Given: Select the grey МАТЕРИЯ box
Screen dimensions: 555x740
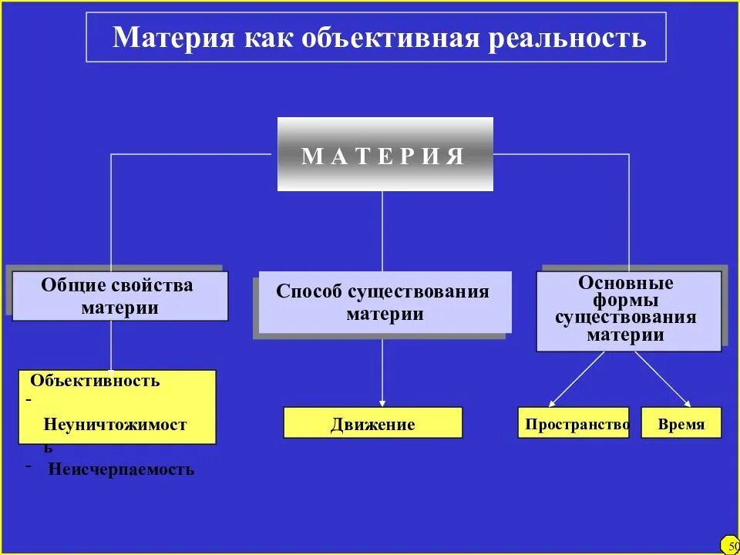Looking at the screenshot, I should pyautogui.click(x=385, y=154).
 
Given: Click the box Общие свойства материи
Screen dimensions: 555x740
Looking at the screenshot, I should pyautogui.click(x=120, y=297).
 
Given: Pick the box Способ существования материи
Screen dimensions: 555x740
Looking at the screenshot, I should pyautogui.click(x=384, y=302).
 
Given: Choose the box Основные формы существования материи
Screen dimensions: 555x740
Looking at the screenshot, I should pyautogui.click(x=629, y=311).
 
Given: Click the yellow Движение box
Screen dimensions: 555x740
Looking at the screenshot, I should pyautogui.click(x=373, y=423).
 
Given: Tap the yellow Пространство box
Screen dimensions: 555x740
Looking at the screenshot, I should pyautogui.click(x=573, y=423).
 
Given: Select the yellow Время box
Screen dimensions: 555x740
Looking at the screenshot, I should pyautogui.click(x=681, y=423).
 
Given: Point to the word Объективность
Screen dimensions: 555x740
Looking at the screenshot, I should pyautogui.click(x=96, y=381).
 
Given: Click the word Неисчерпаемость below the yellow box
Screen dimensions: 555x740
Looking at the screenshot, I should pyautogui.click(x=121, y=469).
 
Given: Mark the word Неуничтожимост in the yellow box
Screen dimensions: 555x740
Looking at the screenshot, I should pyautogui.click(x=116, y=424).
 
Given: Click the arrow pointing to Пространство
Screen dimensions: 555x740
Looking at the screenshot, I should pyautogui.click(x=577, y=379).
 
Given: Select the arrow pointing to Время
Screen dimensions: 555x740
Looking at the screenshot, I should pyautogui.click(x=663, y=379).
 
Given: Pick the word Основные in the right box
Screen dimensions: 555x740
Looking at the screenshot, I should pyautogui.click(x=626, y=283).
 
